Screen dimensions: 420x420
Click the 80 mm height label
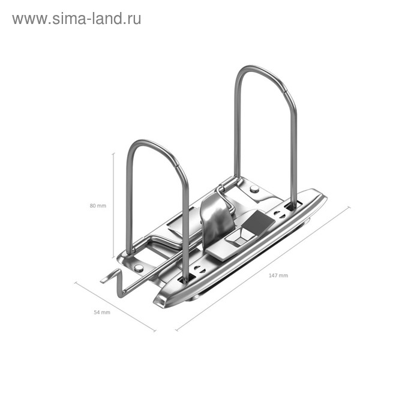coord(97,206)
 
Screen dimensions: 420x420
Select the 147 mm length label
coord(278,275)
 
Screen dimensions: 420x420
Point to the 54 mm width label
coord(102,313)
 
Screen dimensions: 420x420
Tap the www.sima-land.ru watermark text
coord(76,19)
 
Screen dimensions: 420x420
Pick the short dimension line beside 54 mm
coord(115,306)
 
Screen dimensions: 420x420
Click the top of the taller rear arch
coord(264,70)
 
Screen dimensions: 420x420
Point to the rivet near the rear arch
coord(254,189)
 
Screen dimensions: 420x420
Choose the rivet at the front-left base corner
coord(139,268)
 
